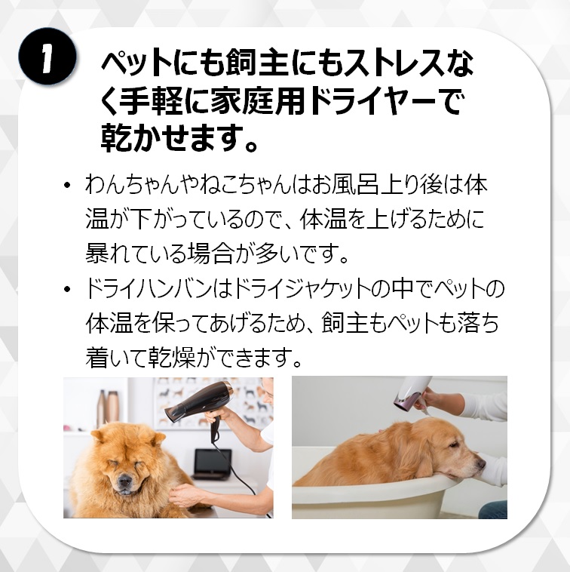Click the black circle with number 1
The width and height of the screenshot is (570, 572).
tap(47, 56)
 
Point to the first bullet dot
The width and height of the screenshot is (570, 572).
tap(66, 186)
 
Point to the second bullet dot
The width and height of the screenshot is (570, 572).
tap(66, 289)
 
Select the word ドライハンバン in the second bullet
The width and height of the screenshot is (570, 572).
tap(149, 288)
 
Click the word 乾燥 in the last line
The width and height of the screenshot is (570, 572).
tap(172, 358)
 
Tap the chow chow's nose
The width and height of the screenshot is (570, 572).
tap(124, 481)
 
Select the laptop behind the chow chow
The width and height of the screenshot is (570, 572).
tap(212, 464)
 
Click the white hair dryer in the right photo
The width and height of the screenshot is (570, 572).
tap(412, 393)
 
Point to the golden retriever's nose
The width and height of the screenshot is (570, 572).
tap(481, 463)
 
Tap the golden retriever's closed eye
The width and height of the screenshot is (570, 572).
tap(454, 445)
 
